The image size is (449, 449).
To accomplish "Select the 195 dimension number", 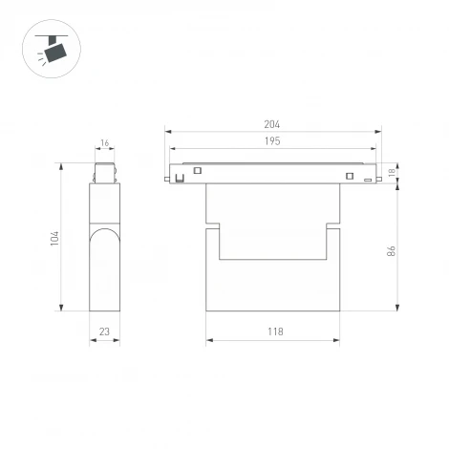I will click(272, 141).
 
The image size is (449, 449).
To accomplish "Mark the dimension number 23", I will click(104, 331).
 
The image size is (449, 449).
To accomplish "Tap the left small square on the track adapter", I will click(198, 171).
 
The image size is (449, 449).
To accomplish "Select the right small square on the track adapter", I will click(350, 176).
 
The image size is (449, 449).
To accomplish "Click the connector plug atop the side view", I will click(104, 174).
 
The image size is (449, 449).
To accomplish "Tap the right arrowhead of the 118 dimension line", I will click(337, 339).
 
